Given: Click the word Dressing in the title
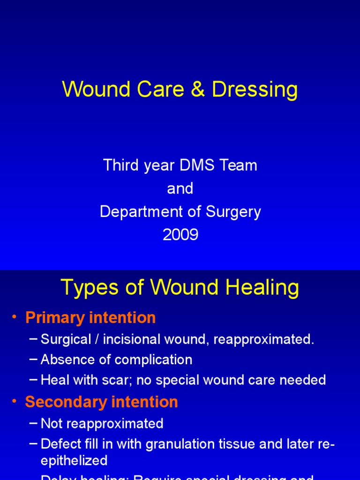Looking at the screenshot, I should tap(255, 90).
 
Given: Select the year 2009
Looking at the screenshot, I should tap(180, 235).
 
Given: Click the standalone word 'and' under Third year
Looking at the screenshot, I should tap(180, 188).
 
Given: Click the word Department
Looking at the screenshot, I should tap(142, 212).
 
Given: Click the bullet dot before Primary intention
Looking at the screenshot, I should tap(15, 318).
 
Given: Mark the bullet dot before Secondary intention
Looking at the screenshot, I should tap(15, 403).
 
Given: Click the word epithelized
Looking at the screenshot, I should tap(74, 461).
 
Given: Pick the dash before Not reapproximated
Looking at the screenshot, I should tap(33, 424).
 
